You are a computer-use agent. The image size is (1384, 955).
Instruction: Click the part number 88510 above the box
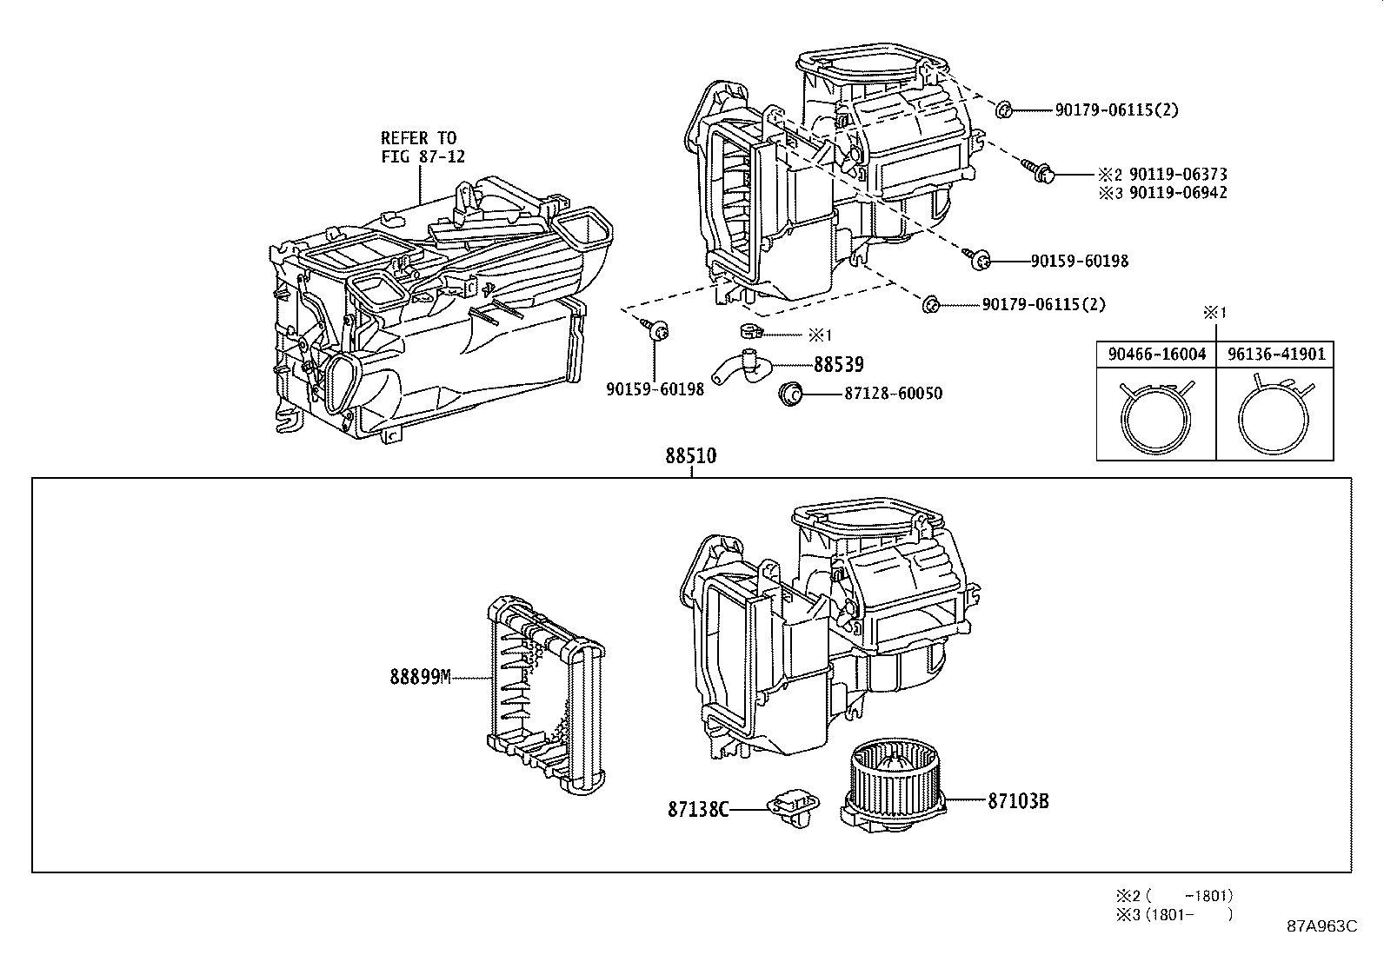691,456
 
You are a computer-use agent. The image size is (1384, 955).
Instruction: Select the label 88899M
420,678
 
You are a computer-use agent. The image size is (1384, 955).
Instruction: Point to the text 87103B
1017,801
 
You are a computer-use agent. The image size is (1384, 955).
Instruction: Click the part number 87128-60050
892,394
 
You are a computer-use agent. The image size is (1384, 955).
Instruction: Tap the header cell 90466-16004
1156,355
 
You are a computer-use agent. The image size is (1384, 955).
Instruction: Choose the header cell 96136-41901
1275,355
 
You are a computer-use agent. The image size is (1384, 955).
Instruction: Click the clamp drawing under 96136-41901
1274,415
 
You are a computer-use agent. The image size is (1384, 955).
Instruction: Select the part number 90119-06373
1178,175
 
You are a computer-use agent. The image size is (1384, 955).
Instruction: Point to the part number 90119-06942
1178,193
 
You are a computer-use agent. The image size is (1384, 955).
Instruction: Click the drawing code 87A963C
1321,925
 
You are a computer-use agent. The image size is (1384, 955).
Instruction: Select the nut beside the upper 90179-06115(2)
1002,109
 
